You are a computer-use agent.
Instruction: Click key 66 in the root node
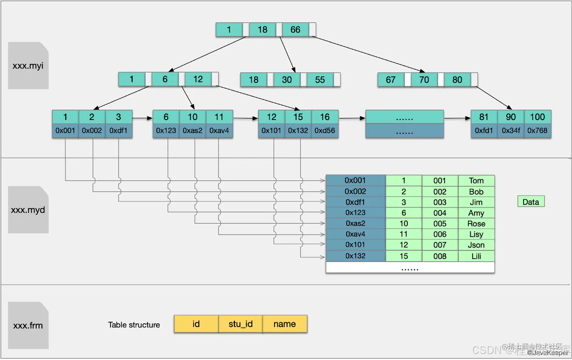click(295, 30)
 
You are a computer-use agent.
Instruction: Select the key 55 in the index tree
click(320, 79)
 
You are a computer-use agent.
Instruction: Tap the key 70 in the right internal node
click(424, 79)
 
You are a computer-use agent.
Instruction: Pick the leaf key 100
click(537, 117)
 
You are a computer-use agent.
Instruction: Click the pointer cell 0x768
click(537, 131)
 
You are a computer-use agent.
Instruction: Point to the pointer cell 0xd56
click(325, 131)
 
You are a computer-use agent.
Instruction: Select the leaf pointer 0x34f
click(511, 131)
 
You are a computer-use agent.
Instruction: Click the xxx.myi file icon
click(28, 65)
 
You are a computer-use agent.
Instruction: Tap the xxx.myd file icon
click(28, 210)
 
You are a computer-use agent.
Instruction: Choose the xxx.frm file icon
click(28, 325)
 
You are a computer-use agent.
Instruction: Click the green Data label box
click(531, 202)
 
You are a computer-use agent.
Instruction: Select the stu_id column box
click(241, 324)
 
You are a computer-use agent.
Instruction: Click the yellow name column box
click(285, 324)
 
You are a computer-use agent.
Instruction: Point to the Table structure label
click(134, 325)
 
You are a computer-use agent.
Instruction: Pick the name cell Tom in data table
click(476, 181)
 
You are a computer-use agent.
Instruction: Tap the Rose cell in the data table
click(476, 224)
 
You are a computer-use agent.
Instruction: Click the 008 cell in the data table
click(440, 256)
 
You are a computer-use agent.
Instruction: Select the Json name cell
click(476, 245)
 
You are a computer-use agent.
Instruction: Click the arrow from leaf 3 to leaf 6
click(142, 118)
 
